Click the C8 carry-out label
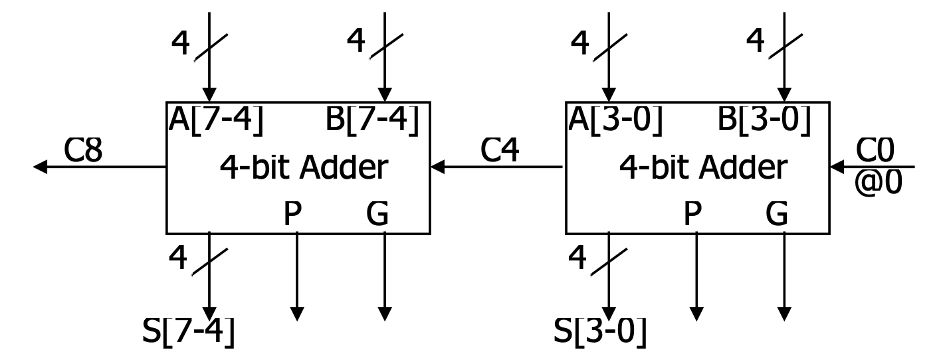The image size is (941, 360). point(83,151)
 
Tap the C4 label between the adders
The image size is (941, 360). point(499,151)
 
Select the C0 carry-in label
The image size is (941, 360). point(875,151)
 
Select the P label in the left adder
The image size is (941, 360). point(292,215)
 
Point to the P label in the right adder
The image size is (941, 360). point(692,215)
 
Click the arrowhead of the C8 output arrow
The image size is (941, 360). point(41,167)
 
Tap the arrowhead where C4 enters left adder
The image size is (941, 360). point(438,167)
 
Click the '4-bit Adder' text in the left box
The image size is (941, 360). point(303,169)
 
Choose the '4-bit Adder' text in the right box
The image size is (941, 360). point(703,169)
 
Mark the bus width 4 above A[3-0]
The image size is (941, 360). point(579,43)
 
